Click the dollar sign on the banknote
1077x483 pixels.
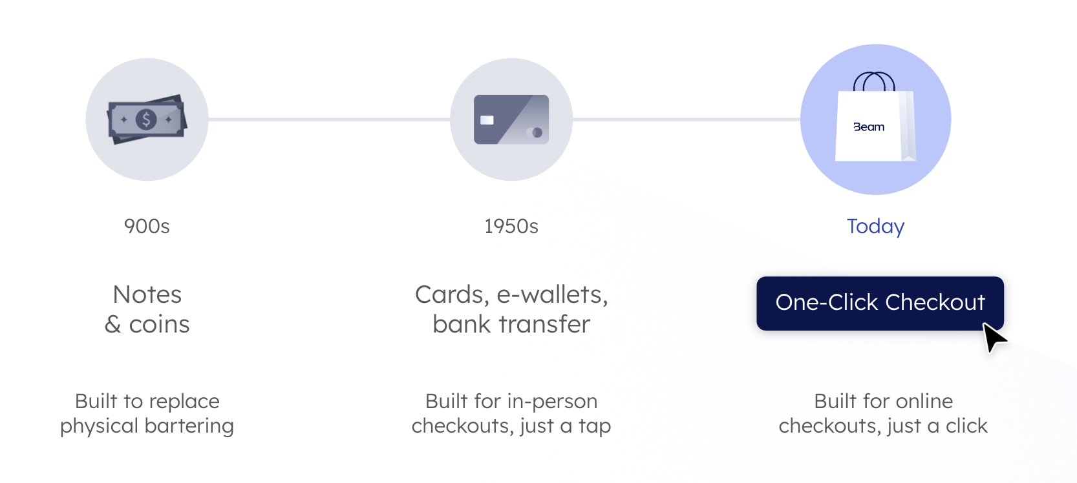click(146, 119)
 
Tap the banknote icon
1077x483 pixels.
click(147, 119)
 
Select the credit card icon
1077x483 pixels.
click(511, 119)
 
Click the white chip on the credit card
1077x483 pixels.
click(487, 120)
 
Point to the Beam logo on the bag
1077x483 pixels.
click(869, 127)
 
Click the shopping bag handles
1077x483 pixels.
click(874, 81)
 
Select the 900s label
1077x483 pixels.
click(147, 227)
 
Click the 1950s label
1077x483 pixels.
click(511, 227)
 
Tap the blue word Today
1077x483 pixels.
click(875, 227)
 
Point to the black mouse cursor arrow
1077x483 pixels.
click(993, 336)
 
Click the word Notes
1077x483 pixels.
click(147, 294)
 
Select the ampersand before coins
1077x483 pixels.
click(113, 324)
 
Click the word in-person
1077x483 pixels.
click(552, 401)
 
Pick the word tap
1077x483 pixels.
click(595, 426)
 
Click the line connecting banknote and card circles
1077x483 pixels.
click(329, 119)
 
